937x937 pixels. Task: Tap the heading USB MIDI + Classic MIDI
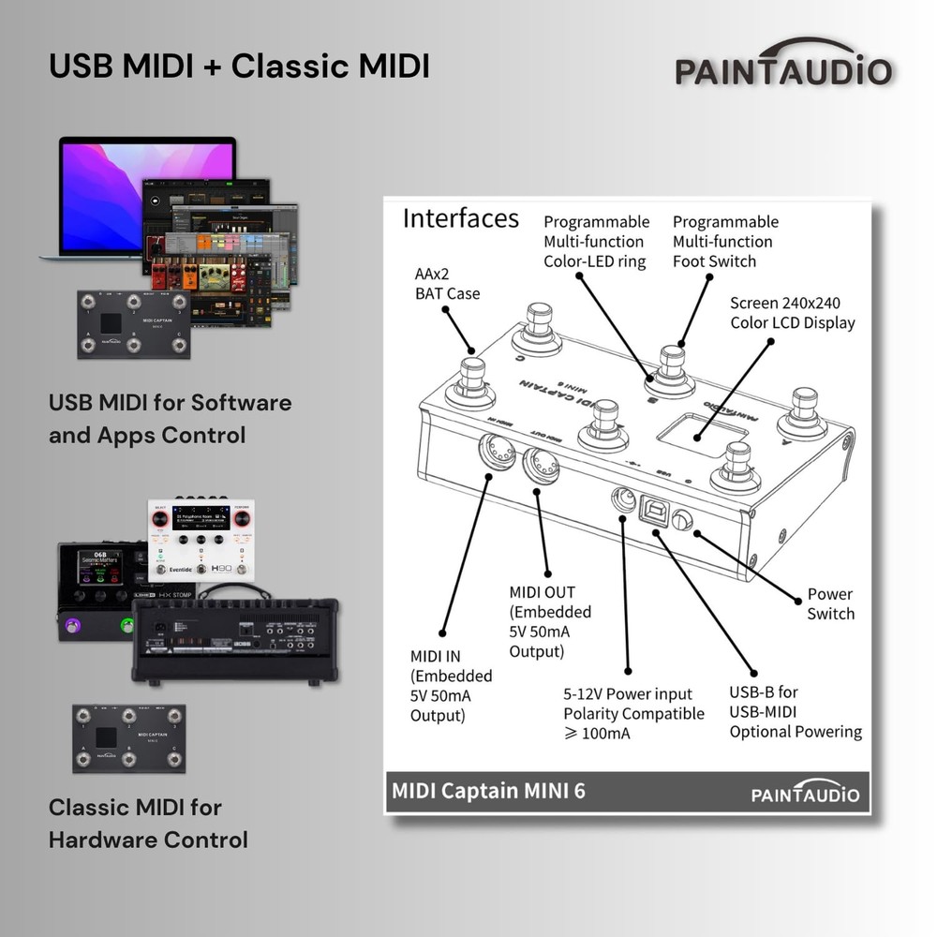(239, 67)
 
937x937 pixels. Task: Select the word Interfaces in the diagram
(460, 219)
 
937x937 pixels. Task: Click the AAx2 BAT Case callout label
(447, 284)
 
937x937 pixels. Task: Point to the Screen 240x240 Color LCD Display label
(792, 313)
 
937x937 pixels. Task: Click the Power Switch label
(830, 604)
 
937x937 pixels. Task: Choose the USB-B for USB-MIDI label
(796, 712)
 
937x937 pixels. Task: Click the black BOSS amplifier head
(234, 637)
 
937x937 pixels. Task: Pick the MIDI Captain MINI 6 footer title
(488, 790)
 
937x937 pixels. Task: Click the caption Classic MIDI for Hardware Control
(148, 823)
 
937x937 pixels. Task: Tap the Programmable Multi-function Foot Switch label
(724, 241)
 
